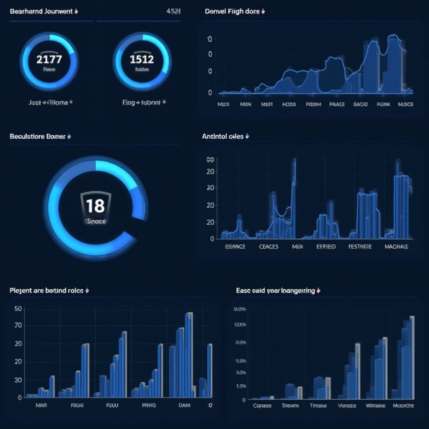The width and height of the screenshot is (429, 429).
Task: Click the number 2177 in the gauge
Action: pos(49,59)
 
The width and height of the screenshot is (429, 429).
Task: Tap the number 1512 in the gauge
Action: pos(142,59)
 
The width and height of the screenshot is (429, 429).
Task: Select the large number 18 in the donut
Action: pos(95,206)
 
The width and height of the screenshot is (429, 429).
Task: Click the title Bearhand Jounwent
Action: pos(41,11)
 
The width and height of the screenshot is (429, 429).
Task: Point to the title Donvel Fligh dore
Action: pos(232,11)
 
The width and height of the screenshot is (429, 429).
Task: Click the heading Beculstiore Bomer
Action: pos(37,136)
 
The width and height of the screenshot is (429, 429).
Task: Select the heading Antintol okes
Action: pos(222,136)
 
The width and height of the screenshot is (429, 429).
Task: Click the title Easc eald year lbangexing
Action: pos(275,290)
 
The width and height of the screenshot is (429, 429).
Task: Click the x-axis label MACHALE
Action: pos(396,247)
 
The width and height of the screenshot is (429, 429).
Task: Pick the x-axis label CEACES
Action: pos(269,247)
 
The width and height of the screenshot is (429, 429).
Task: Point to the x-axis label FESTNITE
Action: pos(360,247)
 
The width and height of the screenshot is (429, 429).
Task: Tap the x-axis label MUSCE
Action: pos(405,104)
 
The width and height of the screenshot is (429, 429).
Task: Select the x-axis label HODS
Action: pos(289,104)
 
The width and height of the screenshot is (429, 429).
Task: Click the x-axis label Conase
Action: pos(262,406)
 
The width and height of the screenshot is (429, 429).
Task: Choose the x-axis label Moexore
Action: pos(403,406)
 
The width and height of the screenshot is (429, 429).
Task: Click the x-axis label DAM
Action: pos(184,405)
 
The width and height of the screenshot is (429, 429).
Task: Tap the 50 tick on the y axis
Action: pos(18,309)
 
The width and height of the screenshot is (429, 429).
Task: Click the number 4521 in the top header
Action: pos(173,11)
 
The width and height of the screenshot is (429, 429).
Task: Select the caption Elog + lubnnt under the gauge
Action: pos(141,102)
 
